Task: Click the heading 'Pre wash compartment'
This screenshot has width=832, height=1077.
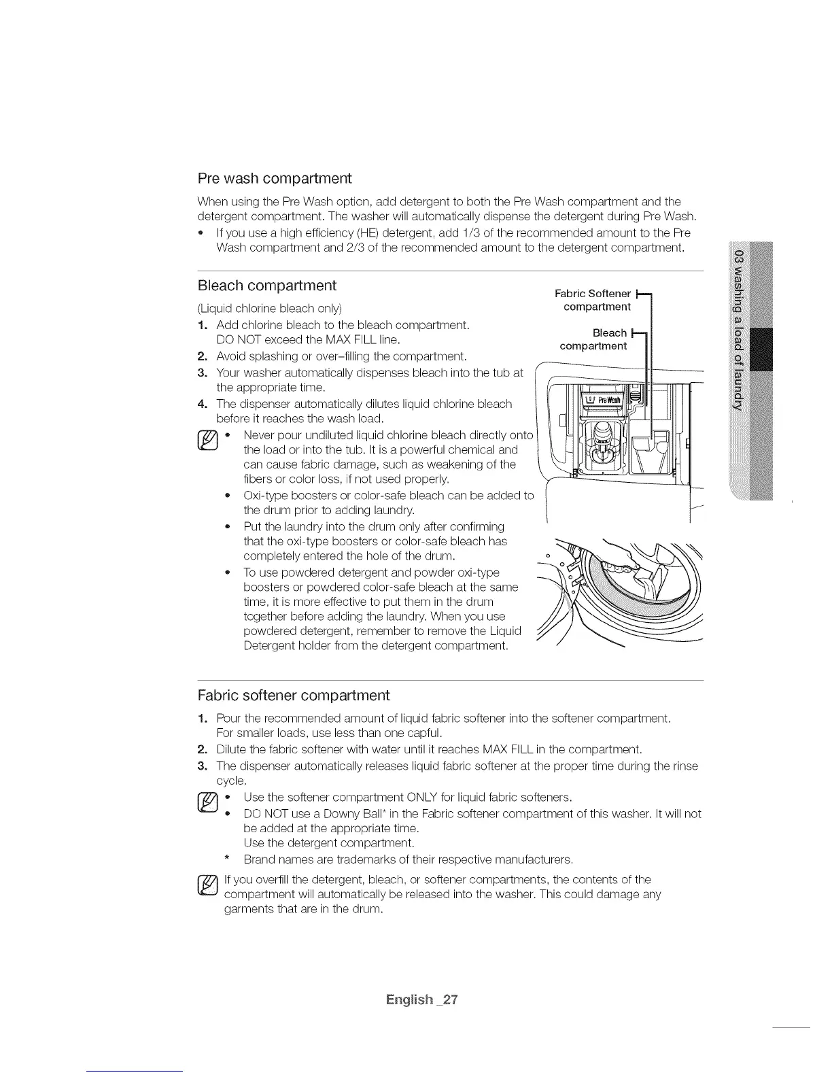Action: tap(274, 179)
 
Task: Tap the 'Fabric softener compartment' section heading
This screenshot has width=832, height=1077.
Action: tap(293, 696)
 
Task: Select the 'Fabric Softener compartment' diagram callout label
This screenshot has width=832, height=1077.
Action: tap(593, 300)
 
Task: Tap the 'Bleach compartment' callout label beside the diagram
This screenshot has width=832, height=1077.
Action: tap(593, 339)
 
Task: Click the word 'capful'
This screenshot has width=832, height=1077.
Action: tap(424, 734)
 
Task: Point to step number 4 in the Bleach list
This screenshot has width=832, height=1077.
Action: tap(202, 404)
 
